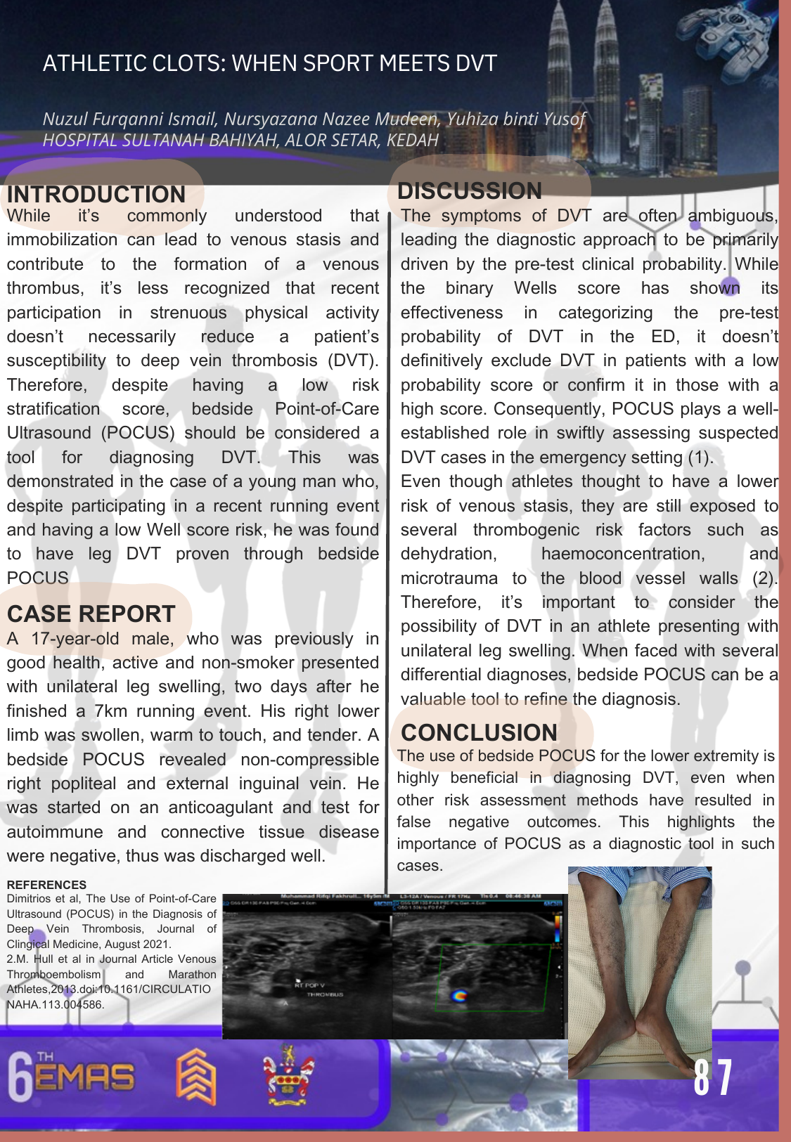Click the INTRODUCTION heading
pos(96,194)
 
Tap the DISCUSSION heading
pos(470,190)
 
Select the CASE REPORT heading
pos(91,614)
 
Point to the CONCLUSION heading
pos(479,732)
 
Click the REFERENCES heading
pos(46,885)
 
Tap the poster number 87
pos(713,1078)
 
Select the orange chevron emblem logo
pos(195,1076)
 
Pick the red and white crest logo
pos(288,1075)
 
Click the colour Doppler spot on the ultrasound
pos(458,995)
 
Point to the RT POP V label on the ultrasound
pos(309,985)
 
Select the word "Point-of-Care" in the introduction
pos(326,409)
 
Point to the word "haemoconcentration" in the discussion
pos(622,554)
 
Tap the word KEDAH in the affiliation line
pos(412,140)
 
